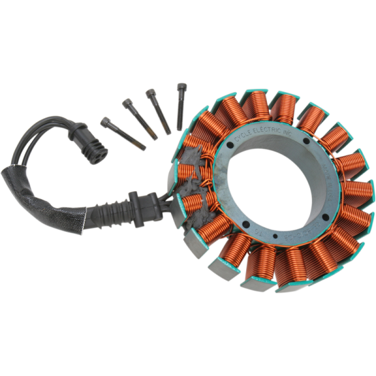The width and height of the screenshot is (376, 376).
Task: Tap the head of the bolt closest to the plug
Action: pos(105,120)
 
